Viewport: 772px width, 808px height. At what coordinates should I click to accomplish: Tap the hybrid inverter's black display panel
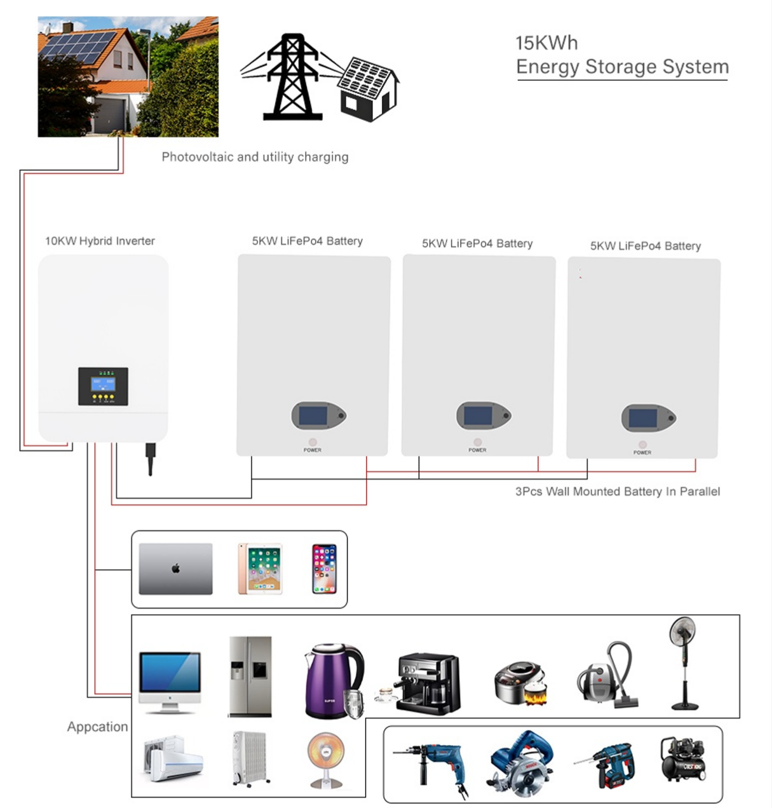pyautogui.click(x=103, y=386)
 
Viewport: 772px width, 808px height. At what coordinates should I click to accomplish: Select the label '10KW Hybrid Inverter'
pyautogui.click(x=100, y=241)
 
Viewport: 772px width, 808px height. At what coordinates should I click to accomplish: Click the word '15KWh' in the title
pyautogui.click(x=546, y=43)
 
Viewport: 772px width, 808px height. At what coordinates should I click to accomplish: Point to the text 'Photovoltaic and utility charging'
pyautogui.click(x=255, y=157)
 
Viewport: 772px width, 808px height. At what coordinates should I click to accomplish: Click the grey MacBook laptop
pyautogui.click(x=175, y=569)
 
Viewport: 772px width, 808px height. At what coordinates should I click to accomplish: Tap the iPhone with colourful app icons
pyautogui.click(x=323, y=569)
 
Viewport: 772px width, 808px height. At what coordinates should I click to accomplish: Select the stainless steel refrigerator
pyautogui.click(x=250, y=677)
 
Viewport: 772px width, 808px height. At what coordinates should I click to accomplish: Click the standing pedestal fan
pyautogui.click(x=683, y=664)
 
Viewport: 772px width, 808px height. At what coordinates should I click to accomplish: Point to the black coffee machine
pyautogui.click(x=426, y=683)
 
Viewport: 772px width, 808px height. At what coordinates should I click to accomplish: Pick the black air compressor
pyautogui.click(x=682, y=759)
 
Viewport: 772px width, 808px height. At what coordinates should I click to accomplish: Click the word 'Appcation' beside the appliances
pyautogui.click(x=97, y=727)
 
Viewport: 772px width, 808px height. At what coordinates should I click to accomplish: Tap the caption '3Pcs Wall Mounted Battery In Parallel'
pyautogui.click(x=618, y=492)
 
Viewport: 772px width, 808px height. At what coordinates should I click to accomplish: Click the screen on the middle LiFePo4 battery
pyautogui.click(x=478, y=415)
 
